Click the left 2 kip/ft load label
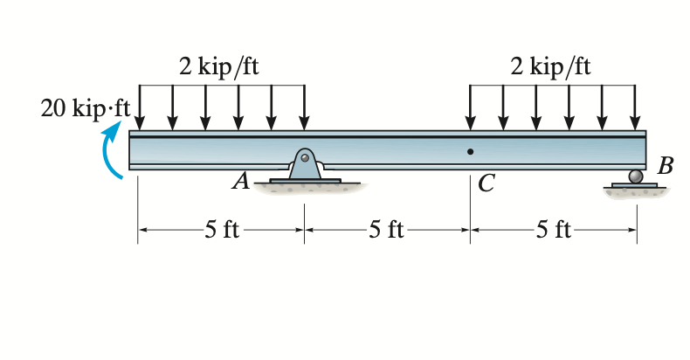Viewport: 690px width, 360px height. click(x=219, y=68)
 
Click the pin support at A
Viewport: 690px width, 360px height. click(x=304, y=165)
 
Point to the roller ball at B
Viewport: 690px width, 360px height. click(x=636, y=177)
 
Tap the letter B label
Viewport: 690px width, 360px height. click(x=666, y=167)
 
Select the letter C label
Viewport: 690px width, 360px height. click(x=486, y=183)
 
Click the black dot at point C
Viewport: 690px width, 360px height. click(x=470, y=152)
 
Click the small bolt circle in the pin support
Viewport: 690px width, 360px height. click(x=304, y=158)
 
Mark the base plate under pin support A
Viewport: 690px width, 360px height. click(x=304, y=181)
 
